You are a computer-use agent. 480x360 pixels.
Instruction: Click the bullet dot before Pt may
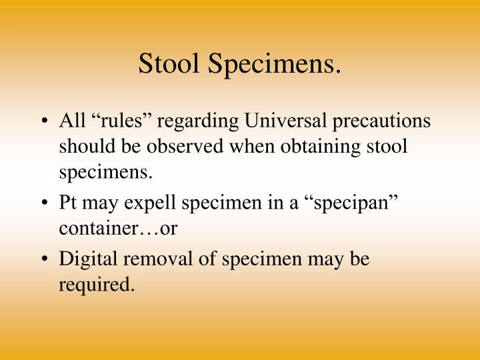[48, 203]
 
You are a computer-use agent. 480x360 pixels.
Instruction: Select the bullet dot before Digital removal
[48, 259]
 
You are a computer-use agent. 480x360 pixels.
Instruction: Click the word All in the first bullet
[71, 122]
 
